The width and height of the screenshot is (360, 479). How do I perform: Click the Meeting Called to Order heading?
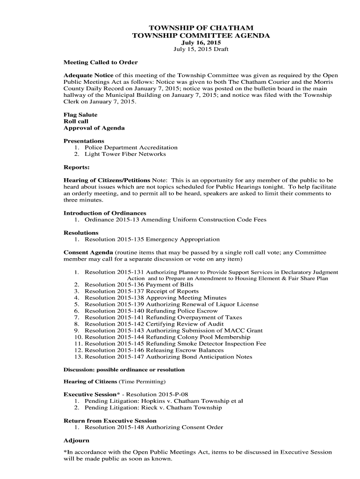101,62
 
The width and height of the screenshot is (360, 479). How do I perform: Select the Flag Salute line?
80,115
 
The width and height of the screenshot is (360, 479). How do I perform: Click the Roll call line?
76,121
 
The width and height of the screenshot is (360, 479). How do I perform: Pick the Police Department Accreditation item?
131,147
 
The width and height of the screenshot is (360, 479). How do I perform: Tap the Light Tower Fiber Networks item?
125,154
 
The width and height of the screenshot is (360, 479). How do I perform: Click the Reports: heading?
77,167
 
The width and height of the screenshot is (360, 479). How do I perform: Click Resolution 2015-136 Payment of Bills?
139,284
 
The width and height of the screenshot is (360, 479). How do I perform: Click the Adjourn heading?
76,440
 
